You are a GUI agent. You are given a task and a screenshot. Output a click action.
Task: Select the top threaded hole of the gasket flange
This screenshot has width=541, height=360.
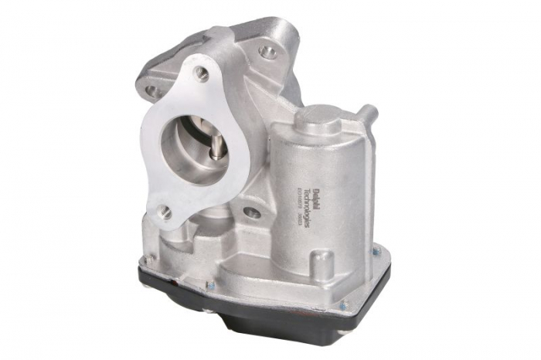point(202,73)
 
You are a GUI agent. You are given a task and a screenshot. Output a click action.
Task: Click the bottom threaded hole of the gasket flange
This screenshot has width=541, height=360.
point(165,211)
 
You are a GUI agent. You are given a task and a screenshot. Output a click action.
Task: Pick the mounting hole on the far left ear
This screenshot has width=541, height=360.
point(151,90)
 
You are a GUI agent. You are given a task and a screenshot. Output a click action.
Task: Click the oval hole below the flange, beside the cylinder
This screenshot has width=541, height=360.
point(252,212)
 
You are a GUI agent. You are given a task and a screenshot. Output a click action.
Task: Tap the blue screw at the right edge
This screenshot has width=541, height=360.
point(376,251)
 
